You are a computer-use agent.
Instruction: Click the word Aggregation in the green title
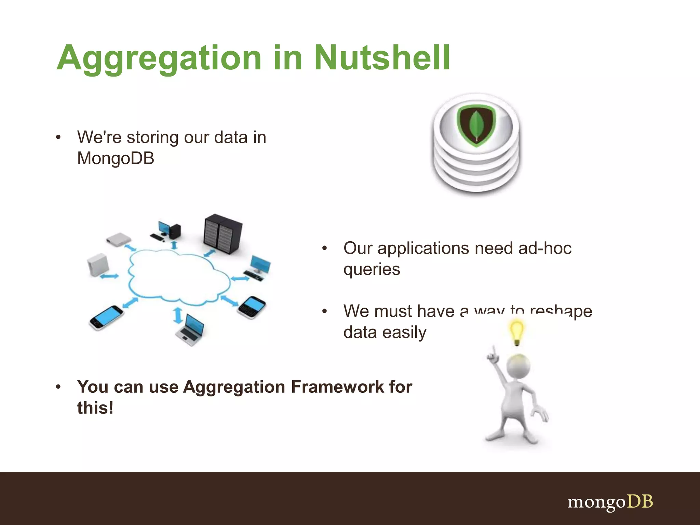coord(159,58)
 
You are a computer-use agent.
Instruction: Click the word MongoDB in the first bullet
coord(116,159)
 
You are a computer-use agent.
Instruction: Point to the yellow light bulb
coord(517,332)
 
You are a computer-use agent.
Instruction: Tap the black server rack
coord(223,234)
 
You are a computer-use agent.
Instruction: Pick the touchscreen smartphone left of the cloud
coord(106,318)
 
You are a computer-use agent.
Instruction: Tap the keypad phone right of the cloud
coord(252,307)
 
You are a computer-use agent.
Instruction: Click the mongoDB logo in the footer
coord(610,502)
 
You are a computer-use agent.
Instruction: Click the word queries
coord(372,269)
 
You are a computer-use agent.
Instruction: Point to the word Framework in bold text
coord(337,387)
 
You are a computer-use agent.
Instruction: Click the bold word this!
coord(95,408)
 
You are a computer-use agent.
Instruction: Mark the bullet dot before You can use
coord(58,387)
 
